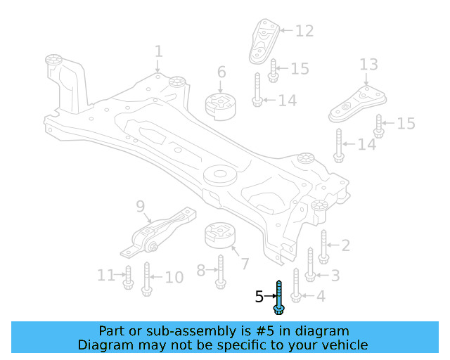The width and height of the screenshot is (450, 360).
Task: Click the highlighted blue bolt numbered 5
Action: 279,297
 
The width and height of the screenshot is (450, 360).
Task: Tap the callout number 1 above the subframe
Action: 158,51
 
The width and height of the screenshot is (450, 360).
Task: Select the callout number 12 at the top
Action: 304,31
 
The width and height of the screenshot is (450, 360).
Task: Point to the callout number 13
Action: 368,65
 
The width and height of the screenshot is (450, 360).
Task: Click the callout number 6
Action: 221,72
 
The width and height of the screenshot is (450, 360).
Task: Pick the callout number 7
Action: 244,264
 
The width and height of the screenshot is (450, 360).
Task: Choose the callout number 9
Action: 140,207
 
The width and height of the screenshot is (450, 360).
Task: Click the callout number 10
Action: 174,277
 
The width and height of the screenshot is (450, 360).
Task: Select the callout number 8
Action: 200,269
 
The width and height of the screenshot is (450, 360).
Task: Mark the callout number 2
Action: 345,245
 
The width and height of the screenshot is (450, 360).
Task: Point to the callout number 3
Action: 335,276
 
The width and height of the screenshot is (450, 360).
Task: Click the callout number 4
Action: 320,296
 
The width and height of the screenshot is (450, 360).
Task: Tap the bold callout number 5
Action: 259,297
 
